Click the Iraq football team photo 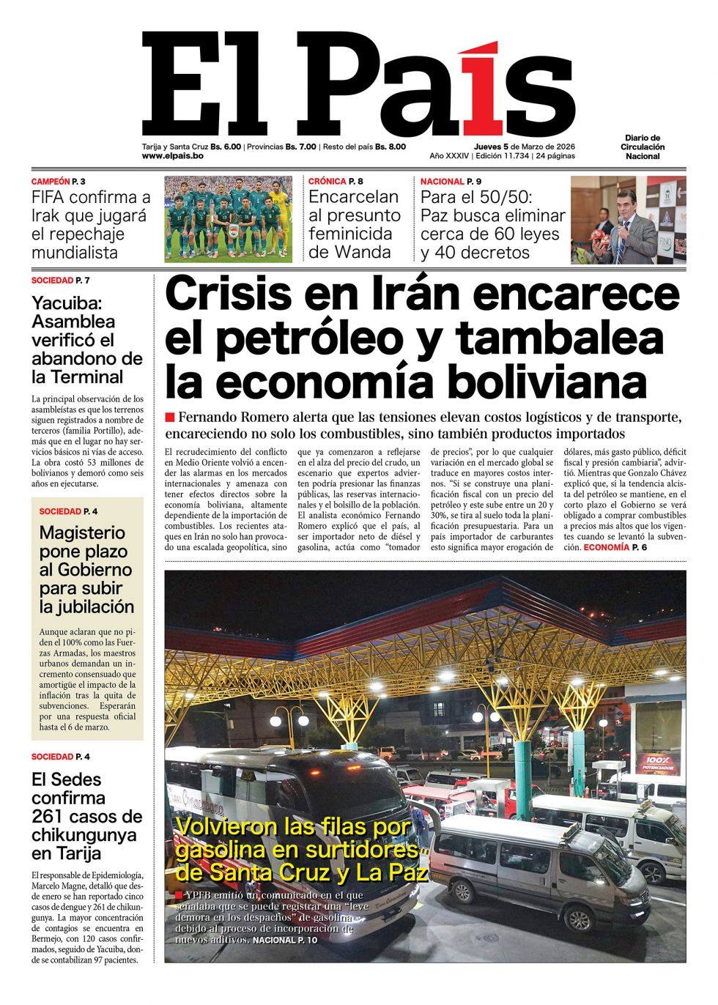(x=228, y=218)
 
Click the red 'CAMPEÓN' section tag (x=51, y=181)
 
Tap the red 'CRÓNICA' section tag (x=327, y=181)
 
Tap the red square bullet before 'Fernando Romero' (x=170, y=418)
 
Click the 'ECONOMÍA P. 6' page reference (x=615, y=547)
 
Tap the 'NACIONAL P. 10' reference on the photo (x=285, y=940)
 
